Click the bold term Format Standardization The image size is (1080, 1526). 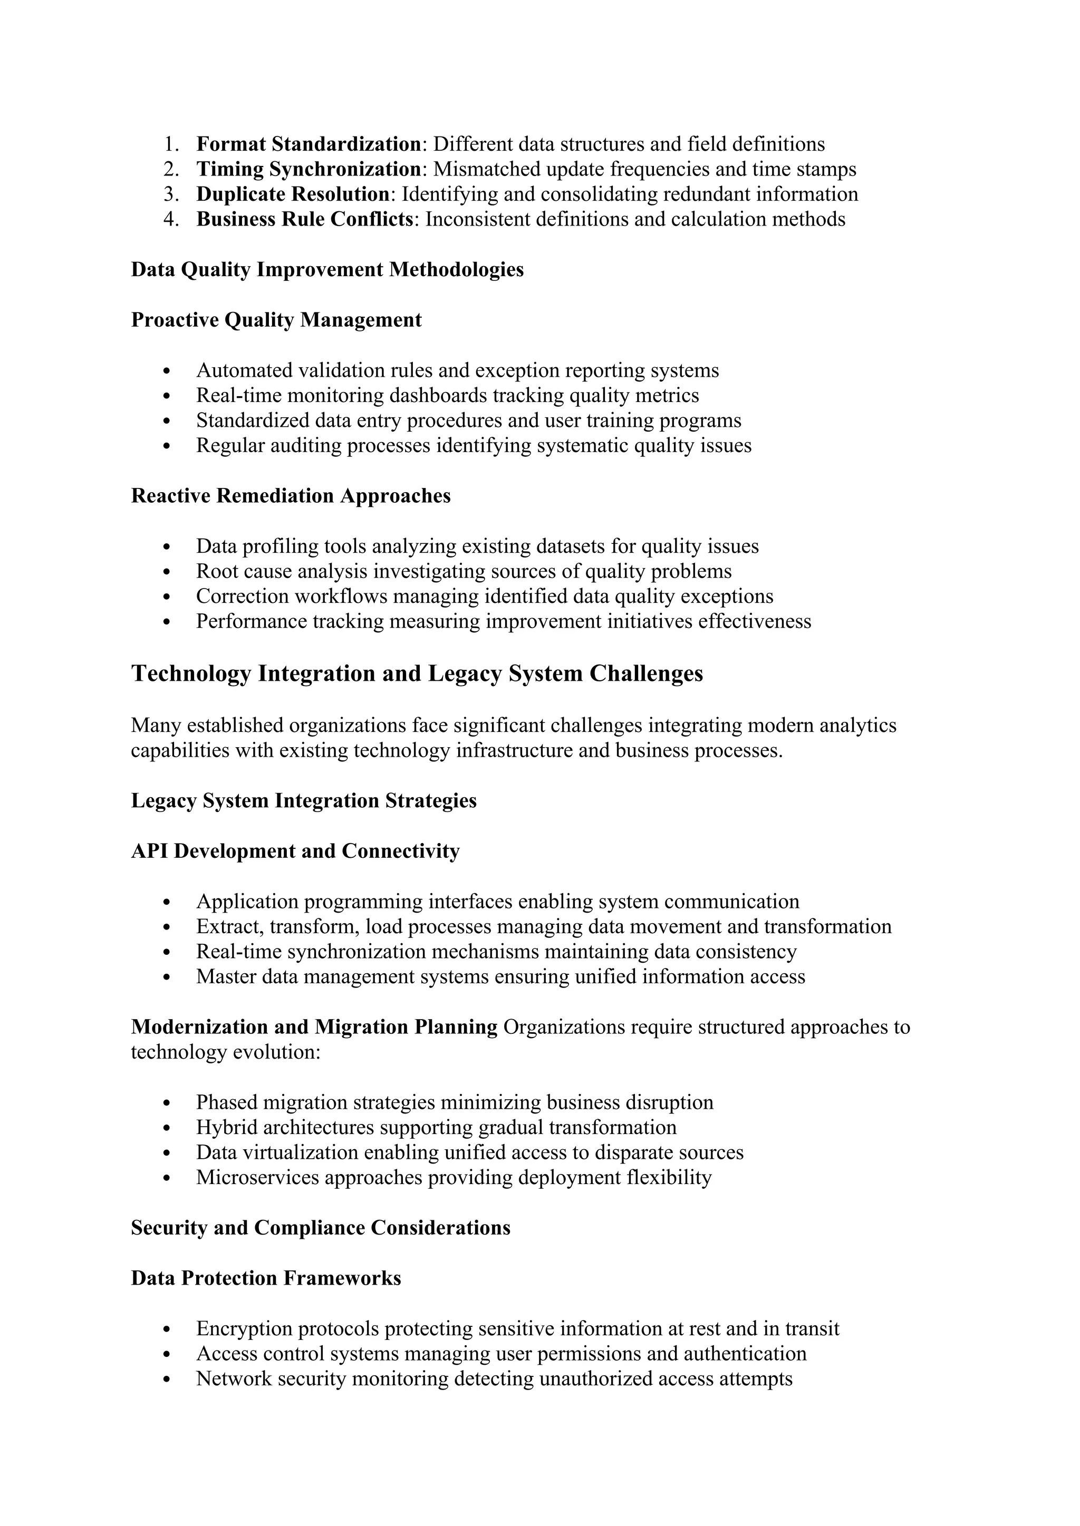tap(308, 144)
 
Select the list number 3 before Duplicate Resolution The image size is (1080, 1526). tap(171, 195)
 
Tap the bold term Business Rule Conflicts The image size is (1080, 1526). tap(305, 219)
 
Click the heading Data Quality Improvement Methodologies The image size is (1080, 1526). tap(327, 270)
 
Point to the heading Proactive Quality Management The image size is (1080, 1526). tap(276, 320)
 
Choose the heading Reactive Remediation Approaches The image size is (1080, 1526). tap(291, 496)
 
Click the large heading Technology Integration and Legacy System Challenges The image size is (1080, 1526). tap(417, 674)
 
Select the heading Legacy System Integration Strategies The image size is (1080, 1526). tap(304, 801)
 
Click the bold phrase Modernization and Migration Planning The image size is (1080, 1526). tap(314, 1028)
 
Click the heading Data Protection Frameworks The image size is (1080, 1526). tap(266, 1278)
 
